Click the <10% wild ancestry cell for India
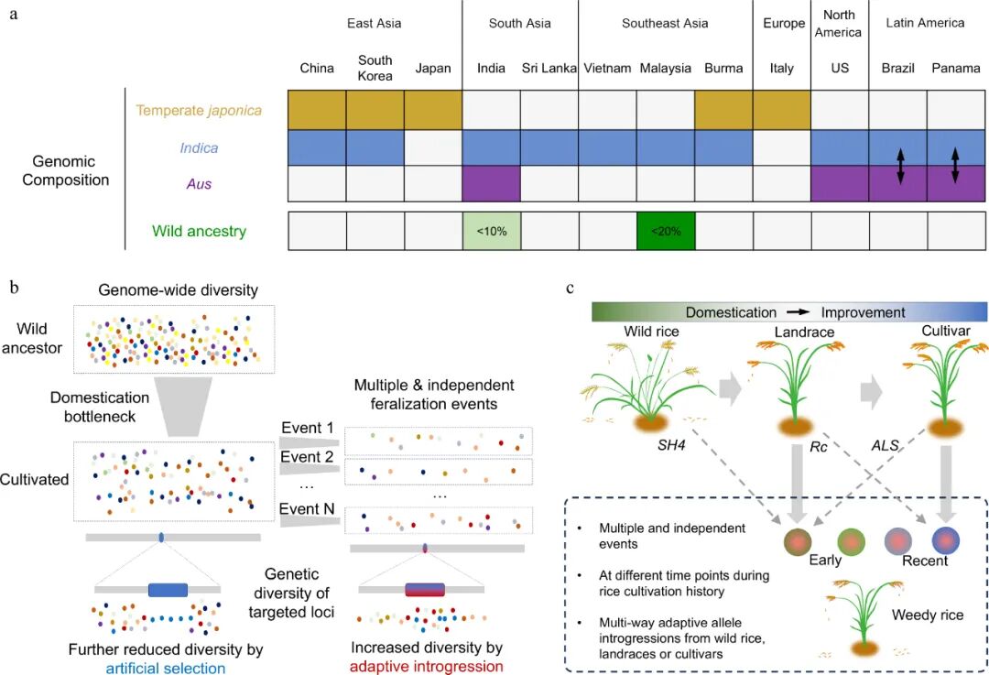point(492,231)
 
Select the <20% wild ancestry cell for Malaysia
point(666,231)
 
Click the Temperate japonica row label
point(194,111)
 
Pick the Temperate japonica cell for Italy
point(782,111)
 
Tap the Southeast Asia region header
point(665,24)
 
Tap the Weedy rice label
point(928,615)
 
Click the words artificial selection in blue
point(165,667)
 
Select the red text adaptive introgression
point(426,667)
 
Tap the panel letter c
point(571,288)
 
